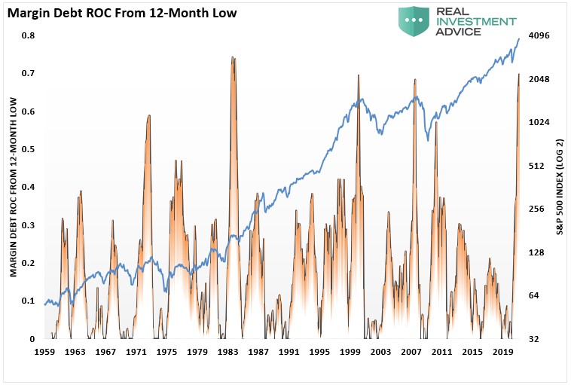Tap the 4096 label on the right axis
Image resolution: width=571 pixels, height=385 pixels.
(x=540, y=35)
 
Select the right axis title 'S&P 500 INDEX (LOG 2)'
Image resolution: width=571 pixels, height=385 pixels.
(x=560, y=186)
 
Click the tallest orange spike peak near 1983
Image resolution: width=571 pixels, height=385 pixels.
(x=234, y=57)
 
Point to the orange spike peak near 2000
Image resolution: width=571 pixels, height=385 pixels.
(x=358, y=75)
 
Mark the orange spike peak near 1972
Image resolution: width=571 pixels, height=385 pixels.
(x=149, y=115)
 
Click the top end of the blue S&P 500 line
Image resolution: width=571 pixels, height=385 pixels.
(x=519, y=38)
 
